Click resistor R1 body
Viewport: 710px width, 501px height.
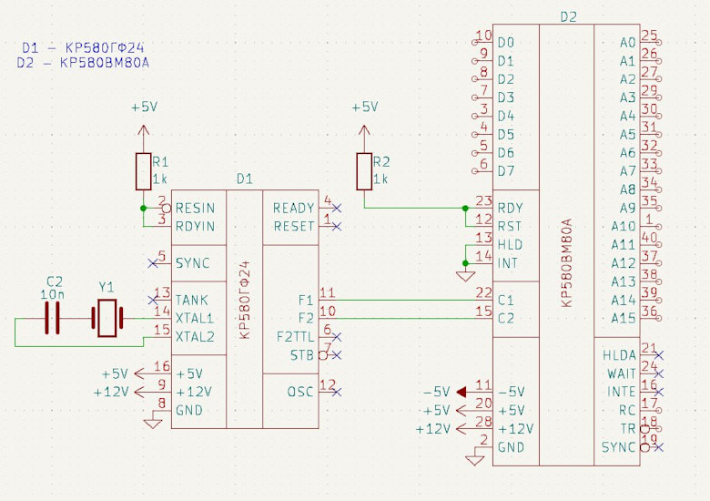(x=143, y=171)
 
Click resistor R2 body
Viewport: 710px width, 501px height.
(x=364, y=171)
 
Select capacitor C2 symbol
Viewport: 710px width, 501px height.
(x=53, y=318)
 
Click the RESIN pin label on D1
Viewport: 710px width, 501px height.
(x=194, y=209)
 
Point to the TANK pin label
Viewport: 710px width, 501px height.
(x=192, y=300)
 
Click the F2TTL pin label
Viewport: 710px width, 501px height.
(x=294, y=337)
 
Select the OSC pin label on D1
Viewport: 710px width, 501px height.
(x=300, y=392)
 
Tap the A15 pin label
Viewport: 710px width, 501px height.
(x=623, y=318)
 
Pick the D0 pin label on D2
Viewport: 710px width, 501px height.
(x=506, y=43)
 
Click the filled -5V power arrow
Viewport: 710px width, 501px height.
(x=461, y=392)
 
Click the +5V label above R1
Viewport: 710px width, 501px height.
(x=143, y=107)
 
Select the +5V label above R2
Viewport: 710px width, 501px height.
(x=364, y=107)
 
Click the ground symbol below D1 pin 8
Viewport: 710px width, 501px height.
(x=151, y=421)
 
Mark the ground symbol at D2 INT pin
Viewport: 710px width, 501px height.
(x=464, y=274)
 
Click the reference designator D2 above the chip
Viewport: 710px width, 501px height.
(x=568, y=16)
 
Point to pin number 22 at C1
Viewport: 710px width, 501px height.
(x=482, y=293)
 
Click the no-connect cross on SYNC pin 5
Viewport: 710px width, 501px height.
(x=152, y=263)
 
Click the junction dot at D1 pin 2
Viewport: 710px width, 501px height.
(x=143, y=209)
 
